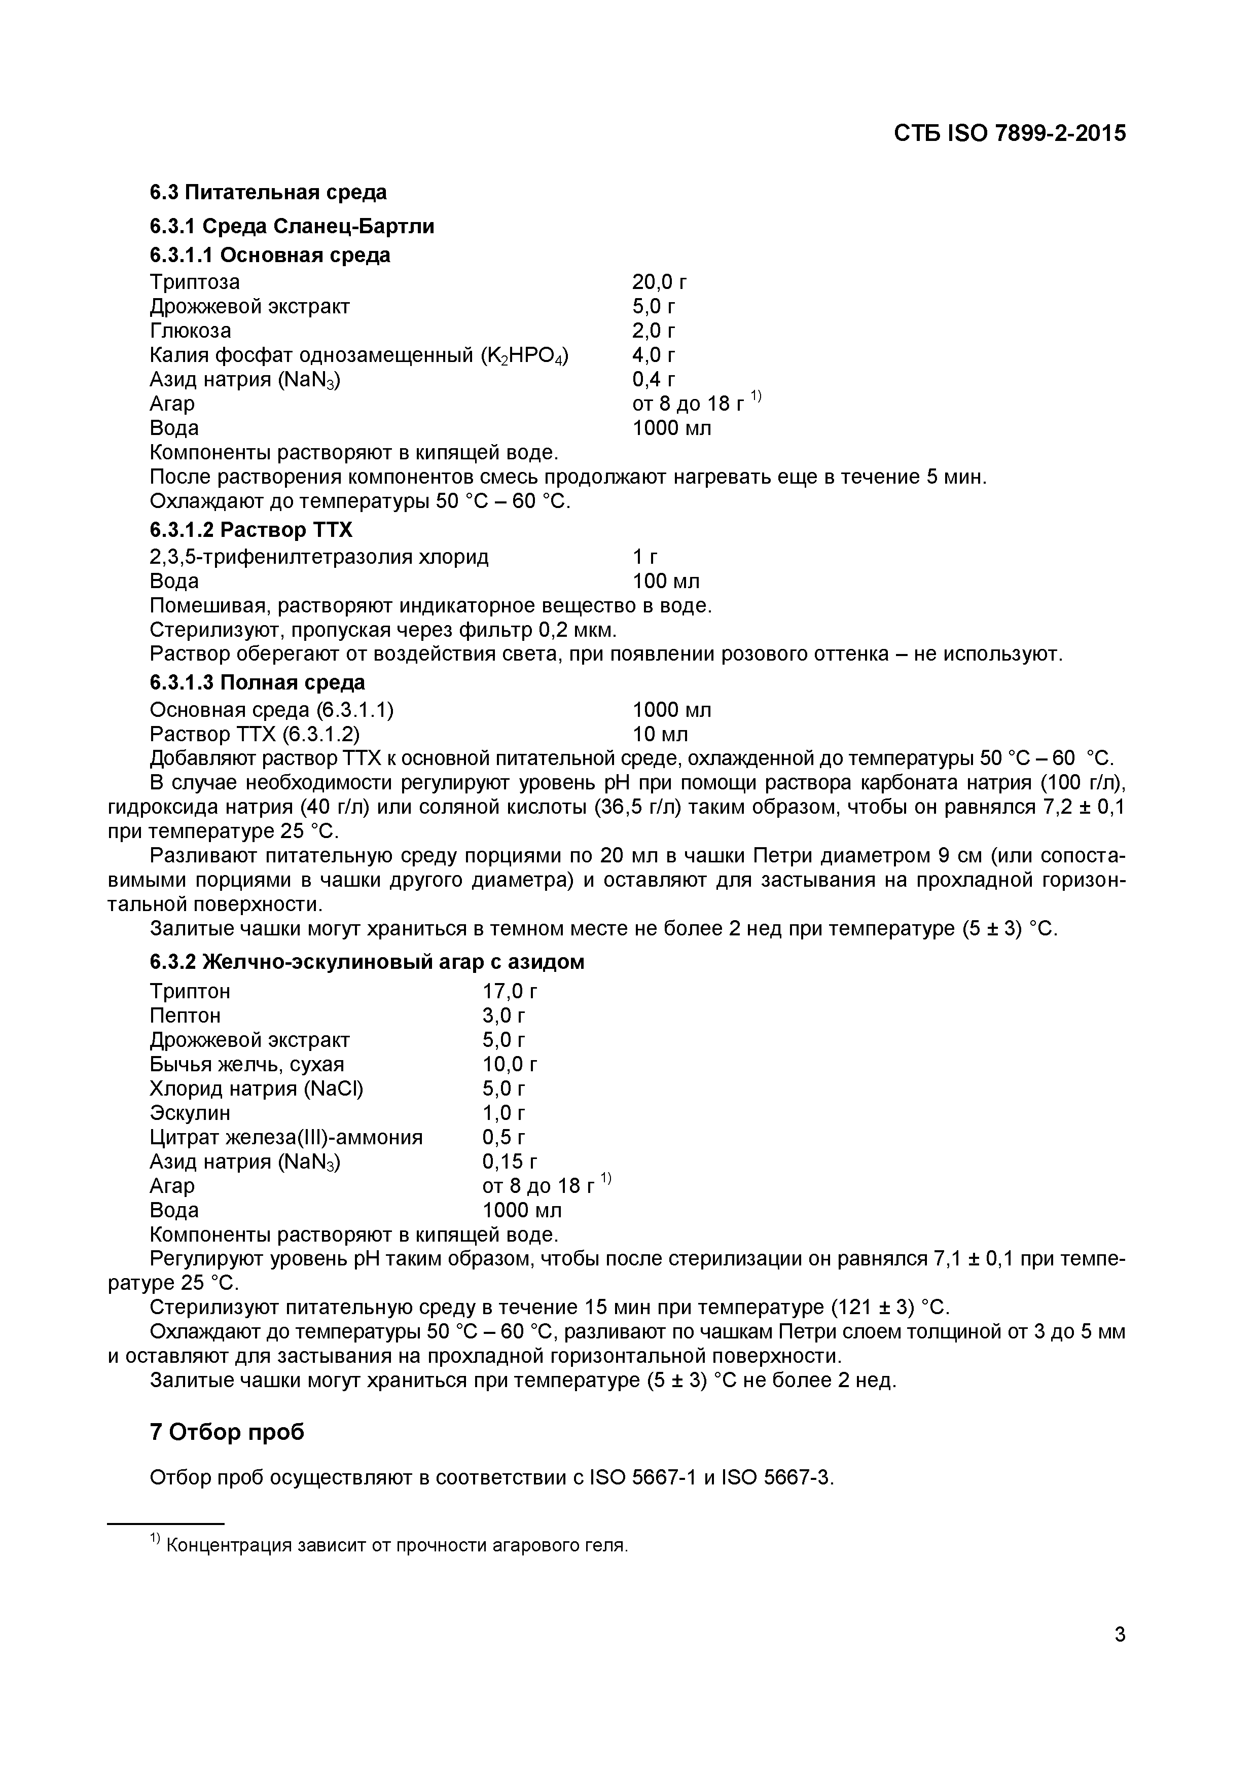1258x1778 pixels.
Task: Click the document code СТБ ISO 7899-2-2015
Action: point(1010,133)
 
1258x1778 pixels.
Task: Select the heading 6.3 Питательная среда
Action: point(268,192)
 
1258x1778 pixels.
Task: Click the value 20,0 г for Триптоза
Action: point(659,282)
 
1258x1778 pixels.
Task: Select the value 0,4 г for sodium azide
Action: point(654,379)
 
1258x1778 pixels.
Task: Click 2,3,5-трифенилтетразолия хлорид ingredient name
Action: point(318,557)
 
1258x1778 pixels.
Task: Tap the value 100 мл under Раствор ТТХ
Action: point(665,581)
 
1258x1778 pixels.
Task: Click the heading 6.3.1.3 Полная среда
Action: point(257,682)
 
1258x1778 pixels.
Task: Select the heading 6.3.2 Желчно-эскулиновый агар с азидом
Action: point(367,962)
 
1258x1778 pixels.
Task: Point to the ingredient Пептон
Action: point(185,1015)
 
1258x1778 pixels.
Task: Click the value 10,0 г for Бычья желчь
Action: point(510,1064)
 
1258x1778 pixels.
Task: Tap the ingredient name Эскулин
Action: point(190,1113)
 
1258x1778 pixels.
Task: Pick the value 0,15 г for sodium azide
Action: point(510,1162)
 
